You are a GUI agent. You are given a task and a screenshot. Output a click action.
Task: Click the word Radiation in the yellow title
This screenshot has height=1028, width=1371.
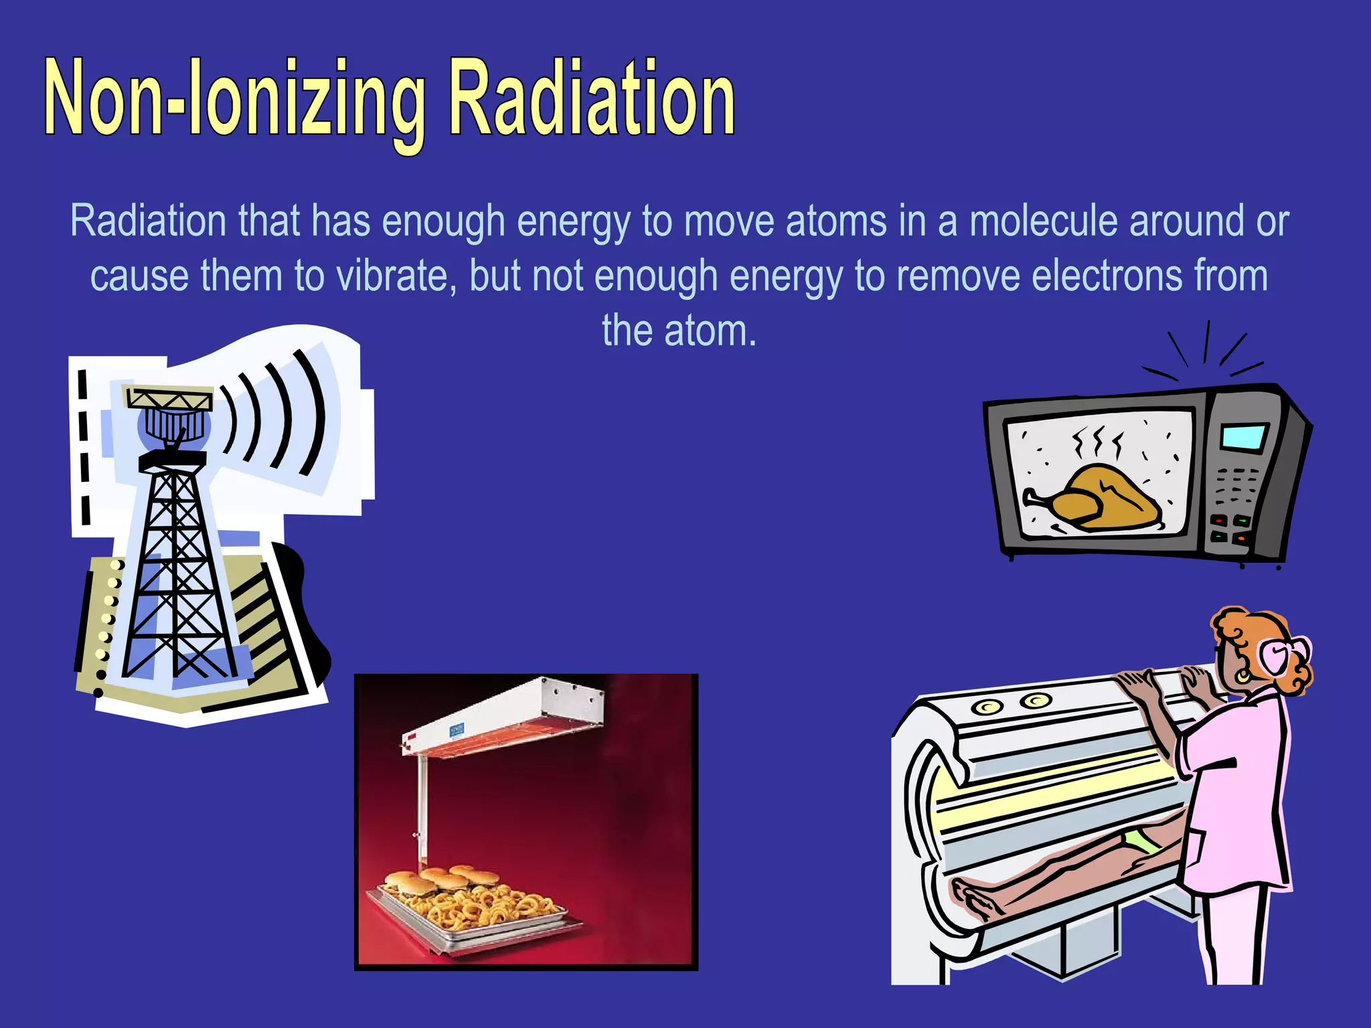(592, 99)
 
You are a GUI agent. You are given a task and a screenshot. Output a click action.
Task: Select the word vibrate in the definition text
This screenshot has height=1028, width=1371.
(392, 276)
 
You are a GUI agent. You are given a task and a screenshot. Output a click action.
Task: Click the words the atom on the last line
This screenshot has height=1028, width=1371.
(679, 331)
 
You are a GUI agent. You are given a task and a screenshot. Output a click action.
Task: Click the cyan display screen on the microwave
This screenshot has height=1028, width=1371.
(1244, 437)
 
